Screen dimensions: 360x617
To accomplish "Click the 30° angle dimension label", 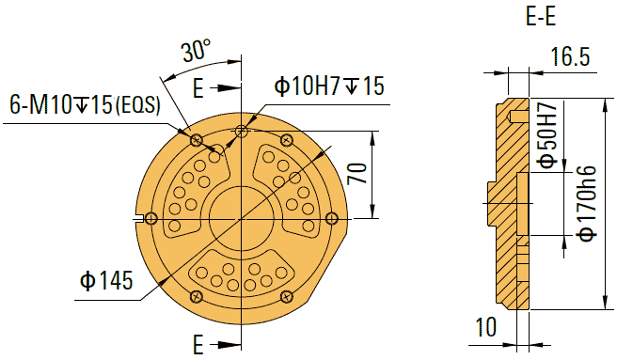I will coord(196,53).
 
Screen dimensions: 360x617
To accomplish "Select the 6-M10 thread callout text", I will coord(86,104).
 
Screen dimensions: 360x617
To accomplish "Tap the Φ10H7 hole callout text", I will coord(329,86).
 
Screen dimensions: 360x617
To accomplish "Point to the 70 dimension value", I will coord(356,174).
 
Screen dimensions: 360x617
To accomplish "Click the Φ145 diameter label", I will coord(106,279).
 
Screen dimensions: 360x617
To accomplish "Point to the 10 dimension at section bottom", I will coord(485,327).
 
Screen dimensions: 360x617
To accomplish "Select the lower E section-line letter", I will coord(198,340).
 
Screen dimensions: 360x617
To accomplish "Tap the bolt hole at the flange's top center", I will coord(243,130).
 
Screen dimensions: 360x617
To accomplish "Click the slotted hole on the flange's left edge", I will coord(147,219).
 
